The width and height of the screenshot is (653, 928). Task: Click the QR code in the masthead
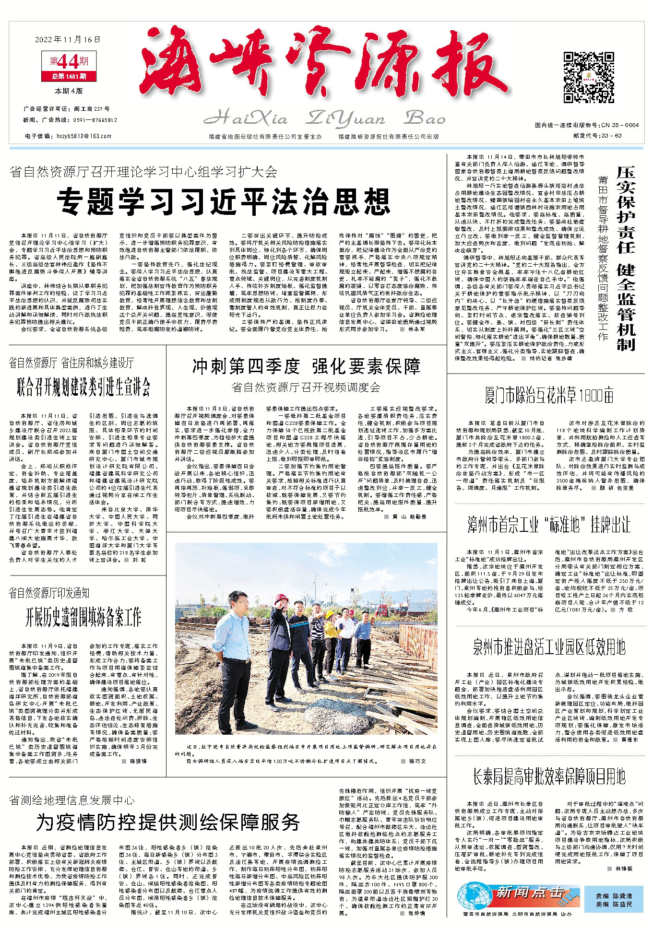coord(588,78)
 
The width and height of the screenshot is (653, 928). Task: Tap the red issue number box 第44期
coord(70,61)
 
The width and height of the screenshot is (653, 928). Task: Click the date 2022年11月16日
coord(68,39)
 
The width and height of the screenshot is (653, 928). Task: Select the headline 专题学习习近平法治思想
coord(225,201)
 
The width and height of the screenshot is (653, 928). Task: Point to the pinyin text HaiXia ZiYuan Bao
coord(321,118)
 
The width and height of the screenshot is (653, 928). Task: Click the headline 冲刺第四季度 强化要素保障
coord(306,366)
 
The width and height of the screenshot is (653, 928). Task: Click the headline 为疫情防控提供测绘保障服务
coord(167,822)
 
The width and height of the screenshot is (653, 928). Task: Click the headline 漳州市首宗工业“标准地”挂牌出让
coord(549,524)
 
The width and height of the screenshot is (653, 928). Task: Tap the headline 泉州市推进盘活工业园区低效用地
coord(549,647)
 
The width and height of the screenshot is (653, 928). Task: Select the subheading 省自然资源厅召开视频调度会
coord(306,387)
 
